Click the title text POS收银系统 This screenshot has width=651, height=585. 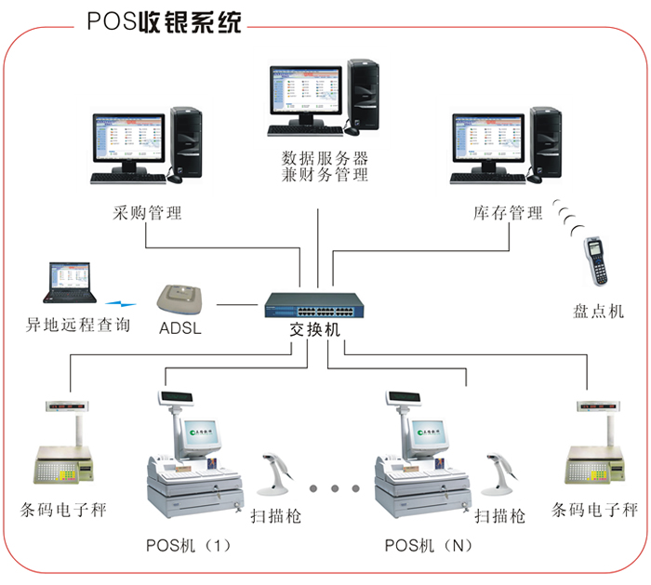(162, 20)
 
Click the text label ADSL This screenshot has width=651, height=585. (180, 327)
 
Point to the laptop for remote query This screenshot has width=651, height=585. (71, 284)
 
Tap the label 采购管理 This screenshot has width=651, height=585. (146, 213)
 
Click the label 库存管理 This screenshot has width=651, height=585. (507, 213)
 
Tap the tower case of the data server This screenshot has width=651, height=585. (363, 96)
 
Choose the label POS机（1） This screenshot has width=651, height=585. (188, 544)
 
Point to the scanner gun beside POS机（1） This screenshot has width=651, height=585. (276, 474)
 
